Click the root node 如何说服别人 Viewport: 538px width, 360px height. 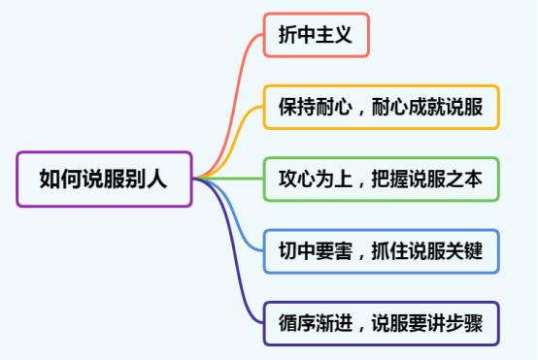104,179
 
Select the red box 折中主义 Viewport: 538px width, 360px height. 316,37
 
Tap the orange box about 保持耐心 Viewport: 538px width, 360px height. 382,108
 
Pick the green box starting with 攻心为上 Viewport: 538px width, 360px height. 382,179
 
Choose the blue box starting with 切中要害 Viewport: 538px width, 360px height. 382,251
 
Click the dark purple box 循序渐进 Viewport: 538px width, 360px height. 382,323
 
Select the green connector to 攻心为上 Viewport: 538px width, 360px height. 233,179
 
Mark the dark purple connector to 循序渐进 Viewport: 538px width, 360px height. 238,272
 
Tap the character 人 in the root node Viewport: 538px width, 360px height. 156,179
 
